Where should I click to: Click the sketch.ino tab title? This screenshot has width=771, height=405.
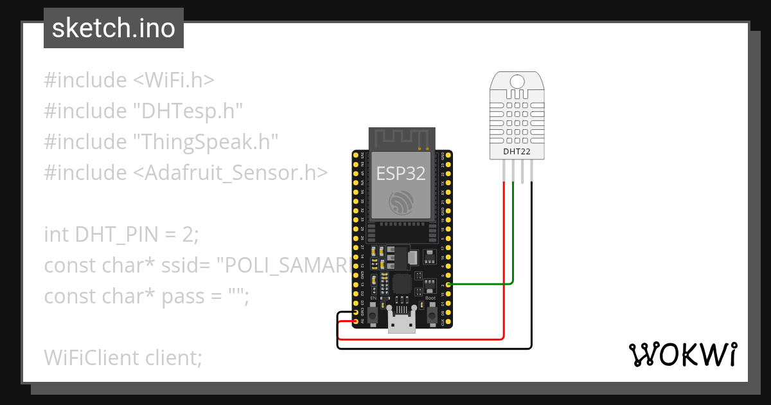point(113,28)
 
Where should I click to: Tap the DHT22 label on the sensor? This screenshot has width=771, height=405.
point(518,152)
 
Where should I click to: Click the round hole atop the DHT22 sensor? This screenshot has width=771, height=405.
point(517,81)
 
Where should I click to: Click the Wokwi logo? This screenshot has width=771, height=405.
point(682,354)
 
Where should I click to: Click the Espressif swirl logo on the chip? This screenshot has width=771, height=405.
point(402,203)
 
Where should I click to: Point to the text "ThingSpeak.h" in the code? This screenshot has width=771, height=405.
point(206,141)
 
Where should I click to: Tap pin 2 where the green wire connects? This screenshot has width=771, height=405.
point(448,283)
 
